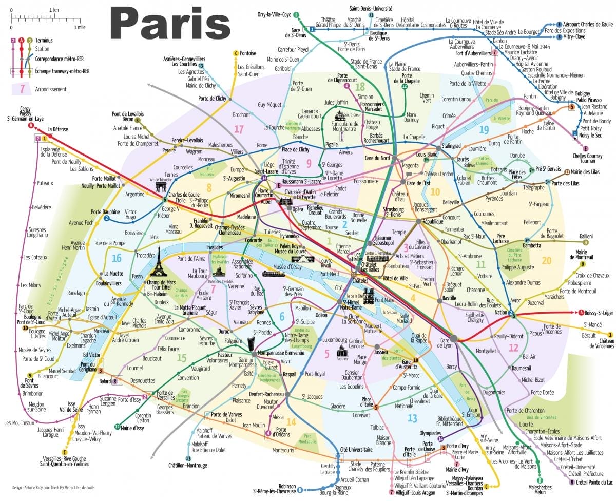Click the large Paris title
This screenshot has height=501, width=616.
[169, 24]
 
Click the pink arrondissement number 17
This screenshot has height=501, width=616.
[239, 129]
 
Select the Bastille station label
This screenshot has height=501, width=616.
[450, 298]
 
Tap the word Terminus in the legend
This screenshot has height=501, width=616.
[44, 40]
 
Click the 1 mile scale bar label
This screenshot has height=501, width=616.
[79, 27]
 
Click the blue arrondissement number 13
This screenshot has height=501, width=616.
[412, 418]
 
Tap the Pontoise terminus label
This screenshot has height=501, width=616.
[247, 53]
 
